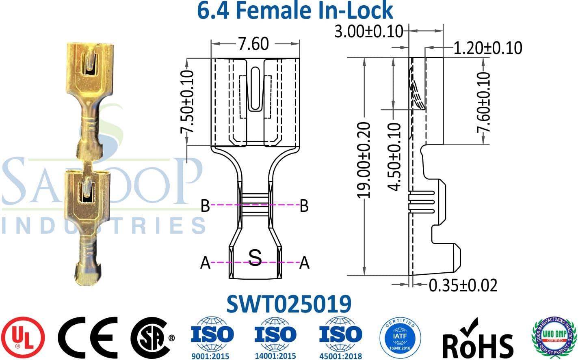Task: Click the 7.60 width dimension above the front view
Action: click(253, 44)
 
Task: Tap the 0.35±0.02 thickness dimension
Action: click(463, 285)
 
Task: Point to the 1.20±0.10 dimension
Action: click(487, 48)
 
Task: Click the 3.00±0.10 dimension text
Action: click(369, 31)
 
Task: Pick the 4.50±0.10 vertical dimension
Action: click(394, 156)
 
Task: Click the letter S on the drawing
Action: click(255, 257)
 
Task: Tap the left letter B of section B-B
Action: click(206, 206)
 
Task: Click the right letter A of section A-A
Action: click(304, 263)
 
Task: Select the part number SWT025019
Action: click(288, 304)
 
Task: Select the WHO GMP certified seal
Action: click(554, 337)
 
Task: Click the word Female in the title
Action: click(273, 11)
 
